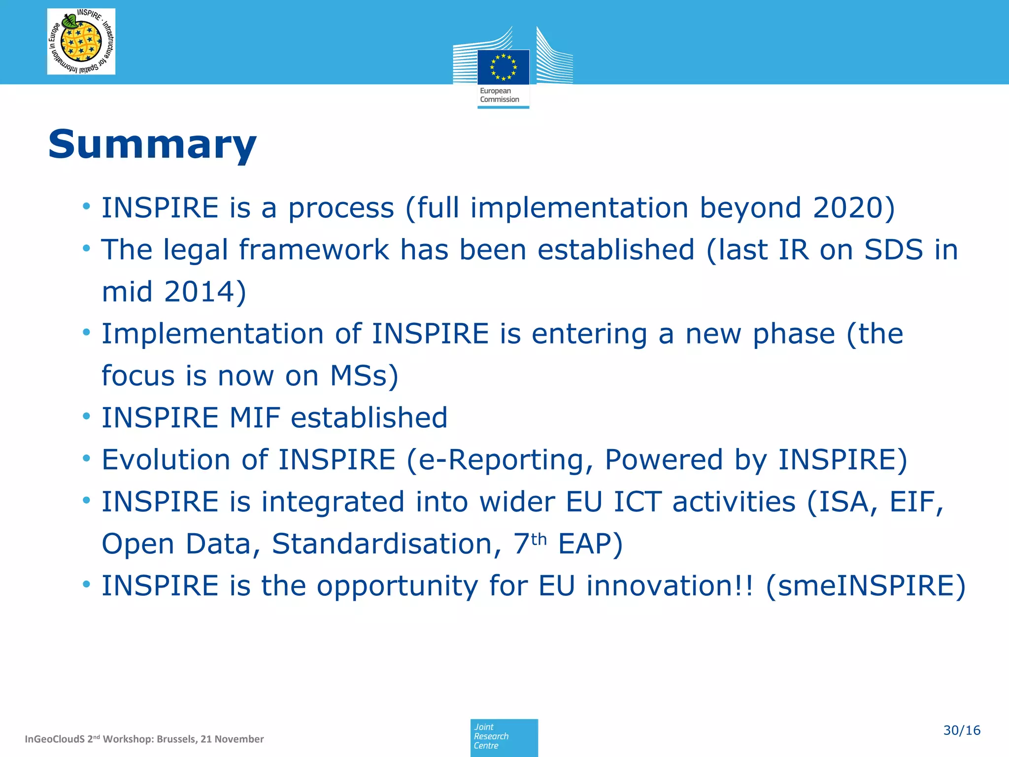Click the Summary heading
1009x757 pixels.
click(x=152, y=144)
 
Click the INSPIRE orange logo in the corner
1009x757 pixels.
click(x=81, y=42)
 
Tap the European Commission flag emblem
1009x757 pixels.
click(x=503, y=67)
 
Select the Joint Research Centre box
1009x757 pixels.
click(x=504, y=736)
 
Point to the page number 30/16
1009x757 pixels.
click(x=962, y=730)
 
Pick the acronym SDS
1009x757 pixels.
click(x=893, y=249)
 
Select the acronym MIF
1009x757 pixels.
click(x=255, y=417)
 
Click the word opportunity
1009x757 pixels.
click(x=397, y=586)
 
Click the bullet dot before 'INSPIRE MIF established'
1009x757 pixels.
click(x=87, y=417)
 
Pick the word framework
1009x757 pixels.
click(x=314, y=249)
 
